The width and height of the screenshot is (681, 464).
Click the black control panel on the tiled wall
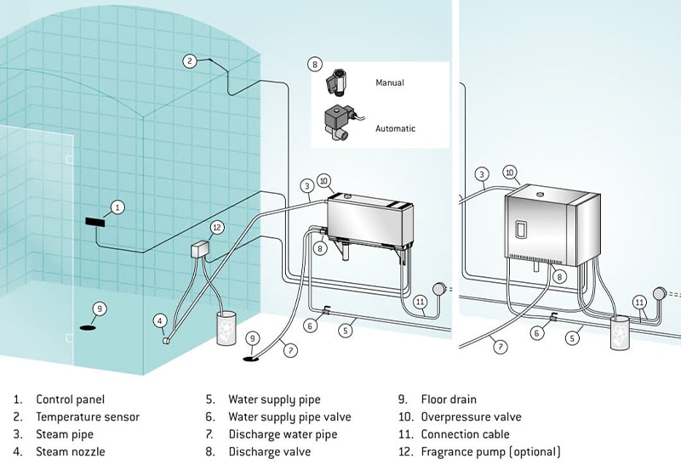click(95, 222)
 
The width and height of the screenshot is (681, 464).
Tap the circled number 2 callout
click(190, 61)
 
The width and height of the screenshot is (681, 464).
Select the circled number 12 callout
click(217, 227)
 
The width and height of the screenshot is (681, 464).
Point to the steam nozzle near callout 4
click(166, 341)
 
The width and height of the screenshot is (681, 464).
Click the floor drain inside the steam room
click(88, 327)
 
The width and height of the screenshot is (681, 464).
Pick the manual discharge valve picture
click(335, 82)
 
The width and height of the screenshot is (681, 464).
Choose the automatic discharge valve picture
click(342, 122)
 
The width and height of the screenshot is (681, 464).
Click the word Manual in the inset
click(390, 82)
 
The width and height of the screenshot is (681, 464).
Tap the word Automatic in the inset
click(395, 128)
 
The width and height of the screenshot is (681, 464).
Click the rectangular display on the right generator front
click(521, 229)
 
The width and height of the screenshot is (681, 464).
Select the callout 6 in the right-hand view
click(537, 332)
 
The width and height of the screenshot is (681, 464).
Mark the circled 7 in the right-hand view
click(501, 347)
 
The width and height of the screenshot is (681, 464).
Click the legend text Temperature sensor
click(88, 416)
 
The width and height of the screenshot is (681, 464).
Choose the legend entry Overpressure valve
click(472, 416)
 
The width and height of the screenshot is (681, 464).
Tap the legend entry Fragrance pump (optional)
click(491, 452)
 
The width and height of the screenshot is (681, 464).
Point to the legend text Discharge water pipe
click(283, 434)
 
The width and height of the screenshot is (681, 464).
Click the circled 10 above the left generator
click(324, 181)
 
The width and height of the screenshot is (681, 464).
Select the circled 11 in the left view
click(420, 302)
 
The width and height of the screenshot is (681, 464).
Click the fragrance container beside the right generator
click(620, 332)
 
